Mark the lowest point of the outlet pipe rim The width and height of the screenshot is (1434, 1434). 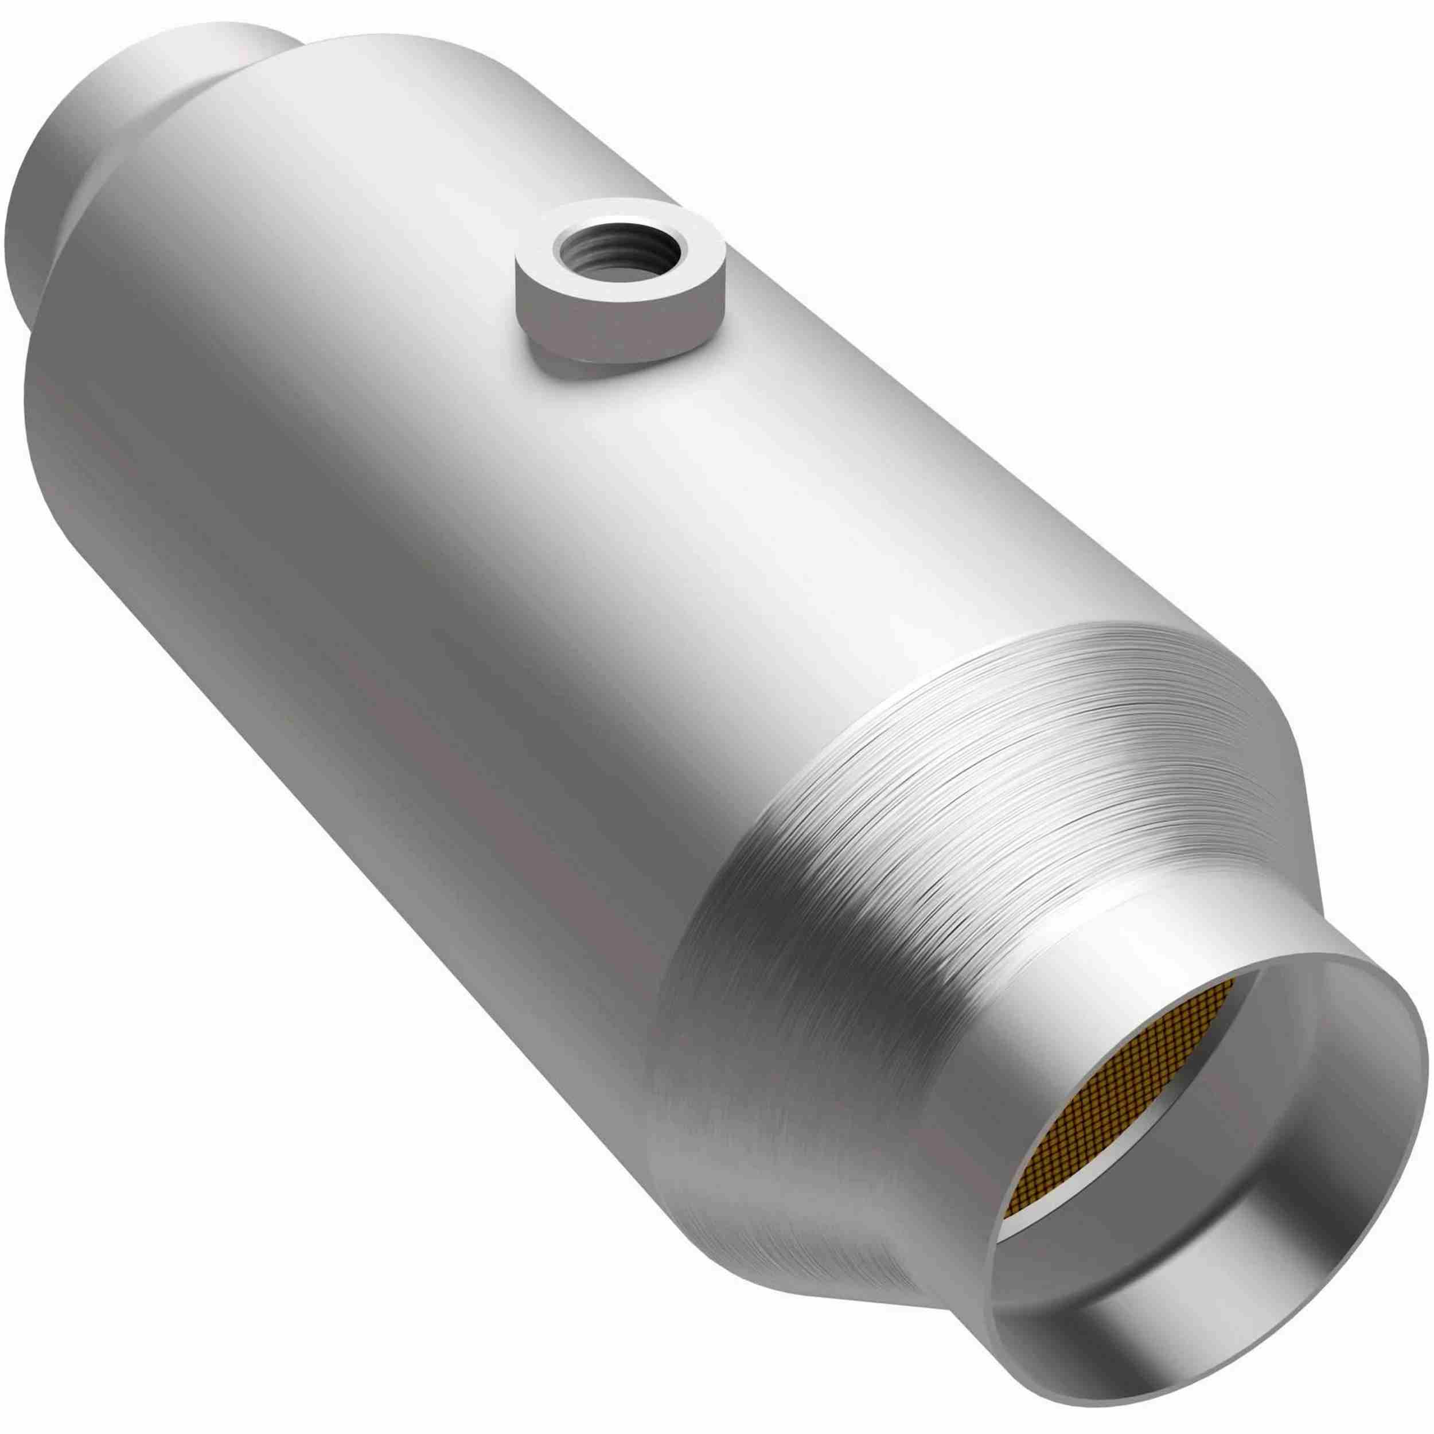coord(1217,1328)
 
